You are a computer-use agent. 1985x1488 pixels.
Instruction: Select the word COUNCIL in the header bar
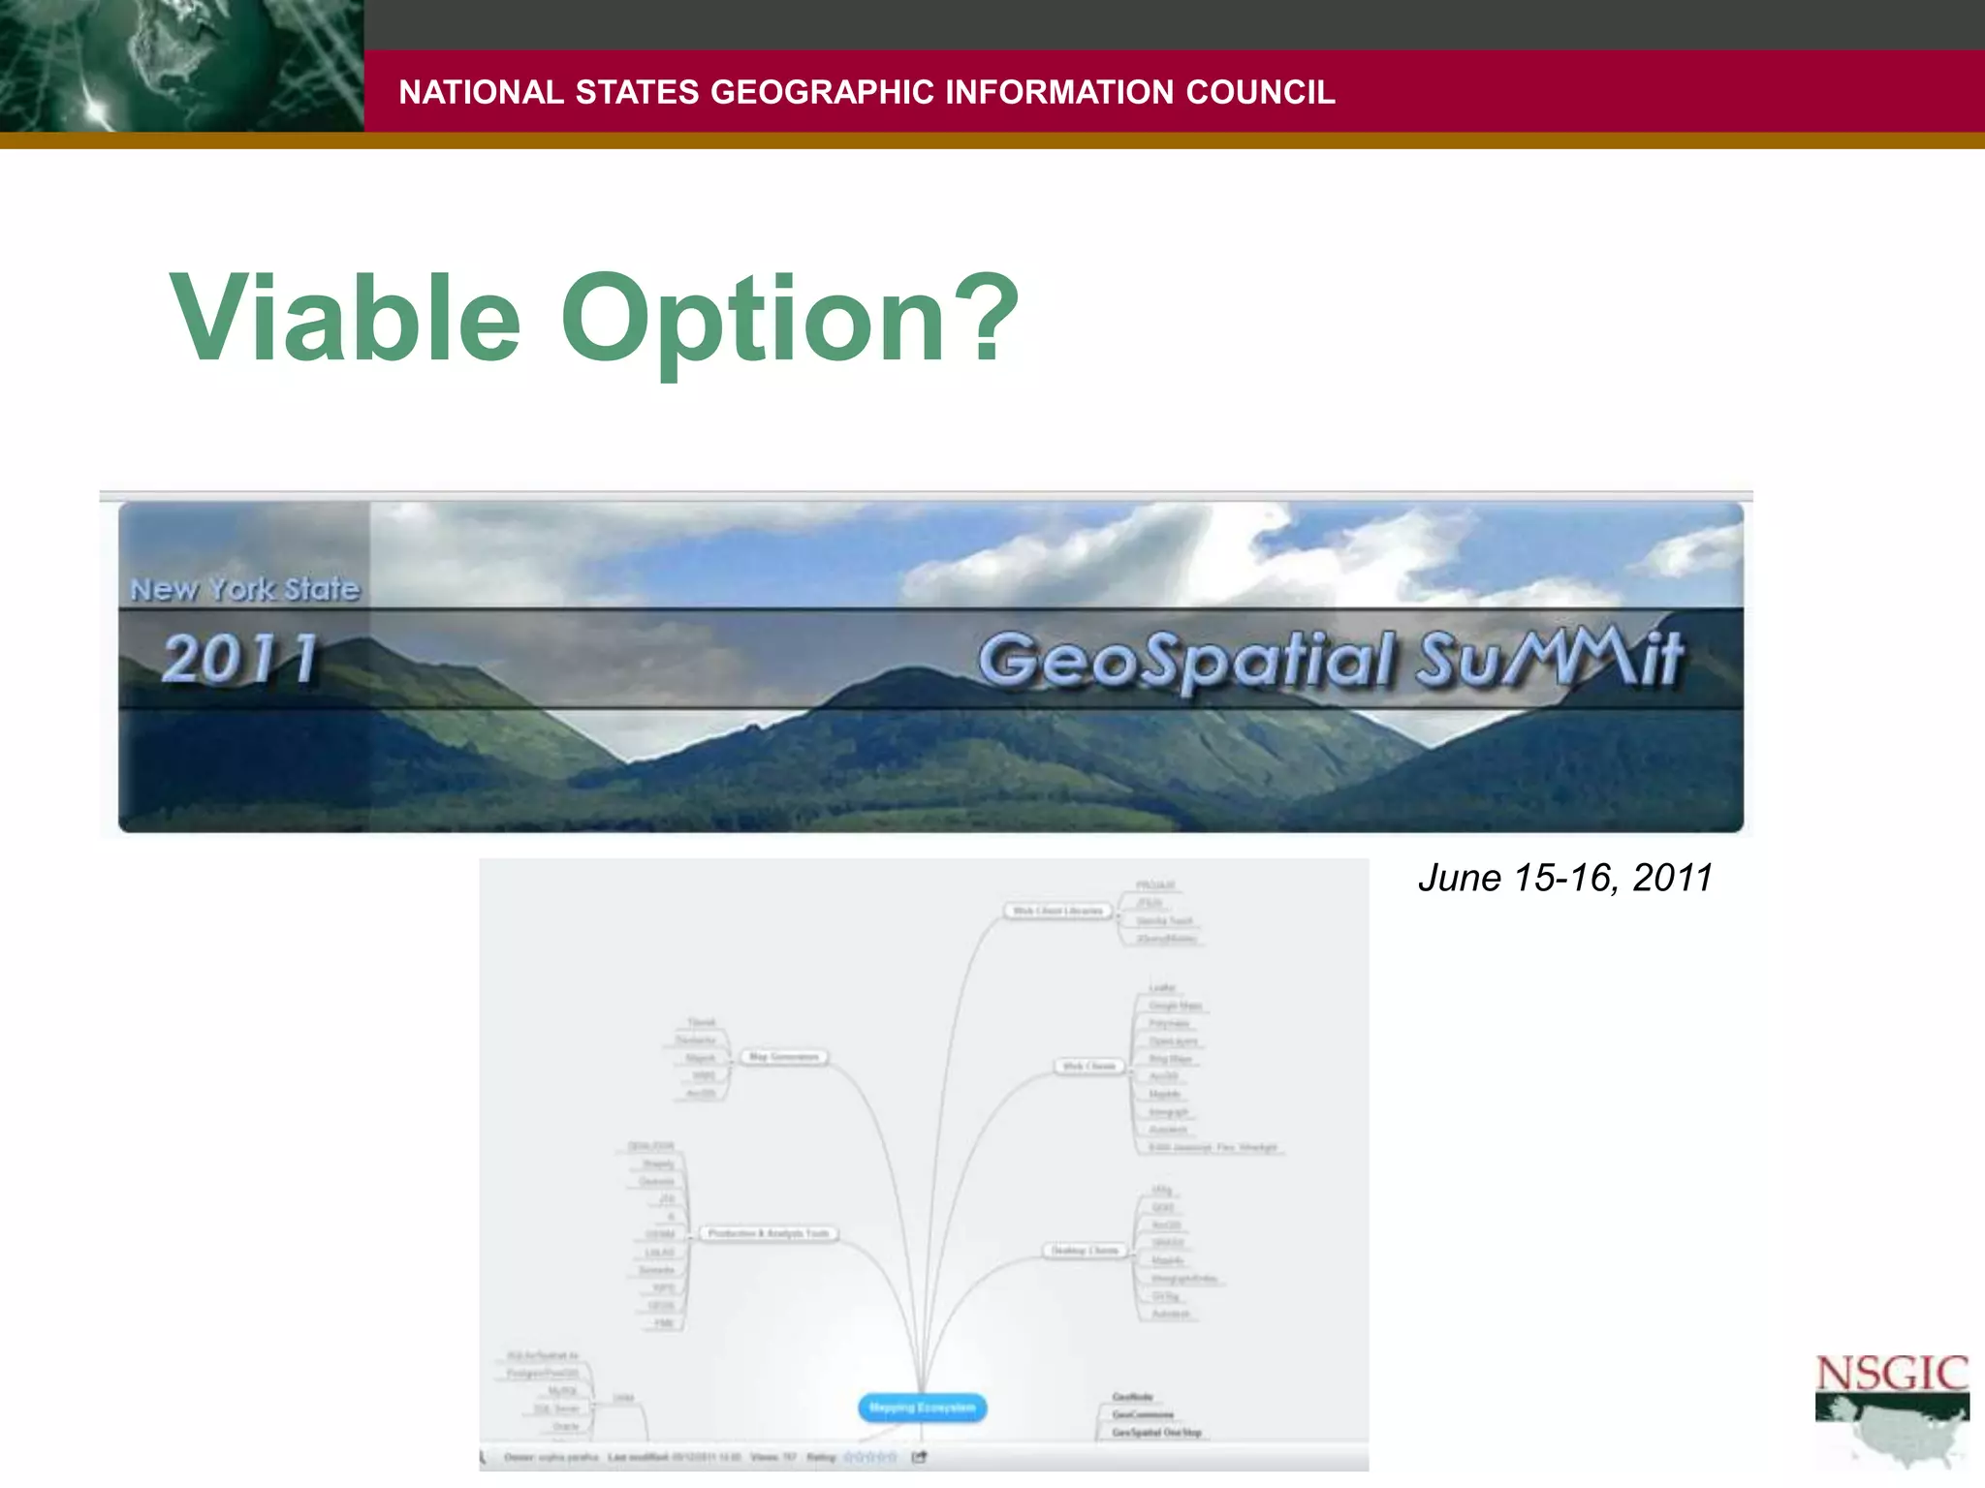click(1260, 92)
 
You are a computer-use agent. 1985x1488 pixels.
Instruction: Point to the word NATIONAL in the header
click(481, 92)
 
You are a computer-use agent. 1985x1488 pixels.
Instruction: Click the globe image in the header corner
click(180, 66)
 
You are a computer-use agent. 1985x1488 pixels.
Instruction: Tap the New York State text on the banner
click(244, 588)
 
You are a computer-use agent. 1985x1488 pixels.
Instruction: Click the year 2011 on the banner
click(240, 659)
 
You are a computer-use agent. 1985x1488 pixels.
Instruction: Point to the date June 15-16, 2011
click(1564, 878)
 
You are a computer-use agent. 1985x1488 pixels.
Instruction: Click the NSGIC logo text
click(1891, 1374)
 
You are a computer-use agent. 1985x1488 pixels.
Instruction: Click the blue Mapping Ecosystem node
click(922, 1408)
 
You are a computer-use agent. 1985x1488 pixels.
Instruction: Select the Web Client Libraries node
click(1057, 911)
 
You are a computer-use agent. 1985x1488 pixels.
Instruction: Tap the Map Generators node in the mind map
click(784, 1057)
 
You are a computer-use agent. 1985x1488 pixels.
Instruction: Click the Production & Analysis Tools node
click(769, 1233)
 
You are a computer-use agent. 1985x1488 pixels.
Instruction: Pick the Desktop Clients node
click(1086, 1251)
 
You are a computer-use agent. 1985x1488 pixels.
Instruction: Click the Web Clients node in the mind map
click(1089, 1067)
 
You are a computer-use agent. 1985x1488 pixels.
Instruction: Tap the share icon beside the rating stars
click(919, 1457)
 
